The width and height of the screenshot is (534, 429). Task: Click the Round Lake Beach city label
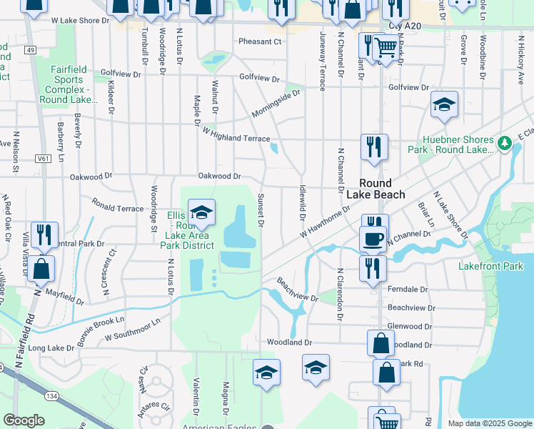tap(376, 189)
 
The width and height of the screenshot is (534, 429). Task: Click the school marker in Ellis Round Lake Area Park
tap(201, 212)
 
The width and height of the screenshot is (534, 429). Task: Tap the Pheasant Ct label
tap(260, 41)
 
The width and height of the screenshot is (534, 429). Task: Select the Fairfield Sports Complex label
tap(69, 84)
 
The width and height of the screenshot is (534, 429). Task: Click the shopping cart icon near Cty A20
tap(386, 48)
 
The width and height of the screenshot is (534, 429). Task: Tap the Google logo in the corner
tap(24, 420)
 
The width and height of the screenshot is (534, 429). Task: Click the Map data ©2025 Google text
tap(489, 423)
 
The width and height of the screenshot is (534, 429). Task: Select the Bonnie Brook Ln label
tap(101, 333)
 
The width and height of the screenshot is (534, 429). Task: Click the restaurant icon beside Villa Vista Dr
tap(44, 235)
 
